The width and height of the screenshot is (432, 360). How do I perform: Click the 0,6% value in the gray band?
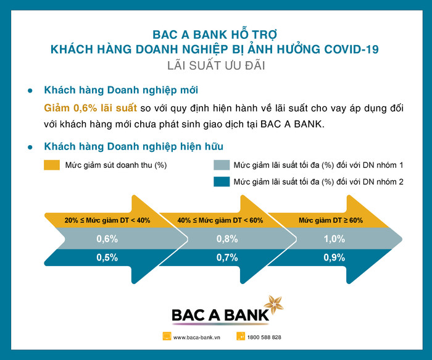point(107,239)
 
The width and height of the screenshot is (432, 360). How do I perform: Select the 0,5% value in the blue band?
point(107,257)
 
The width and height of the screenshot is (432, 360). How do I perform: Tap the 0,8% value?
point(227,239)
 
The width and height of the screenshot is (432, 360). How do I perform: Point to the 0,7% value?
point(227,257)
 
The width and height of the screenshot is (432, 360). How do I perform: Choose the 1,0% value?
point(334,239)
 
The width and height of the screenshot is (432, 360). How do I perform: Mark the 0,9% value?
point(334,257)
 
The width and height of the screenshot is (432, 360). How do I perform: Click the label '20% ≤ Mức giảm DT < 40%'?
point(107,220)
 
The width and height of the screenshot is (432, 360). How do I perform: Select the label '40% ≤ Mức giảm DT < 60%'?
point(220,220)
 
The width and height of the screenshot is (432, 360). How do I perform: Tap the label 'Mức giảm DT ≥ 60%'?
point(331,220)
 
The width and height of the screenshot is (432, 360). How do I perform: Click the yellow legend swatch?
point(52,165)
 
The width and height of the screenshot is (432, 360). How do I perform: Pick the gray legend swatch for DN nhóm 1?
point(222,165)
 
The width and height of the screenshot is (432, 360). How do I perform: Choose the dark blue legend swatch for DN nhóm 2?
point(222,182)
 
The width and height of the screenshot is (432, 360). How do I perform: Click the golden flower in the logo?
point(274,304)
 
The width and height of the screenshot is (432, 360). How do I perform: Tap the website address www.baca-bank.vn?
point(197,337)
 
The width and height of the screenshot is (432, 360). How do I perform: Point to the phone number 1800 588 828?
point(264,337)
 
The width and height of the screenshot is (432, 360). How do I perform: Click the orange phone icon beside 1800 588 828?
point(241,337)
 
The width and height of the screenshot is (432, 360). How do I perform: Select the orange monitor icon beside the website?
point(167,337)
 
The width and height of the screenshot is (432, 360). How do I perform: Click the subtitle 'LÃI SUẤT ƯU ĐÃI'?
point(216,65)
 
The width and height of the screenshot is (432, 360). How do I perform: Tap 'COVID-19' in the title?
point(351,49)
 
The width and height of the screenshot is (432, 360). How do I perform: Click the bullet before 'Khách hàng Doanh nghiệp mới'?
point(30,90)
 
